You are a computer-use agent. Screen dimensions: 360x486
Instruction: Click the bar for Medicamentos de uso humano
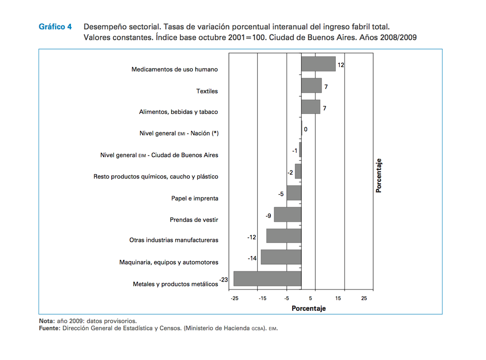click(x=318, y=64)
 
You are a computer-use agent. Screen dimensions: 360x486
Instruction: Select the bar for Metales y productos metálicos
click(x=267, y=279)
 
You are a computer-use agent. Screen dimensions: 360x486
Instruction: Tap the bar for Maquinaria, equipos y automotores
click(x=281, y=257)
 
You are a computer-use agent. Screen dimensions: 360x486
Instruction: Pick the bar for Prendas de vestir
click(x=288, y=215)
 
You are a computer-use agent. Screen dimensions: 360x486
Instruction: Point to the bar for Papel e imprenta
click(x=294, y=193)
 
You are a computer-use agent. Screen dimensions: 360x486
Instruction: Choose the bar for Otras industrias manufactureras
click(x=284, y=235)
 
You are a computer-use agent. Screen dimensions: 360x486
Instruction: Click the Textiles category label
click(x=207, y=91)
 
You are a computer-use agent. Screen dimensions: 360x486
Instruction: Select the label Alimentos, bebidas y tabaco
click(x=178, y=112)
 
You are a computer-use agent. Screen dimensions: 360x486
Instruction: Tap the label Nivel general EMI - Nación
click(x=179, y=133)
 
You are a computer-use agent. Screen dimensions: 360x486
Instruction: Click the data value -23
click(x=224, y=280)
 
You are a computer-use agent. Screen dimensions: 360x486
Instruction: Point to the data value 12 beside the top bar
click(x=341, y=65)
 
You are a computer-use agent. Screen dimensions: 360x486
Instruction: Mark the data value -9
click(x=268, y=216)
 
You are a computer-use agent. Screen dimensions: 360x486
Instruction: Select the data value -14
click(x=252, y=258)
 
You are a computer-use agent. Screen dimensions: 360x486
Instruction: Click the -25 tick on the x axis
click(x=235, y=298)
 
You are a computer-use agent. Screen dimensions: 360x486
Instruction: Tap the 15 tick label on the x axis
click(x=338, y=298)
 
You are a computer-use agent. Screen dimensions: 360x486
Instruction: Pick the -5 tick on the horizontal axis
click(x=287, y=298)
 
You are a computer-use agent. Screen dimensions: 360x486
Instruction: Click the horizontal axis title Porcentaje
click(x=309, y=308)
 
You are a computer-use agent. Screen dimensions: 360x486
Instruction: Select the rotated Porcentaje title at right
click(x=379, y=175)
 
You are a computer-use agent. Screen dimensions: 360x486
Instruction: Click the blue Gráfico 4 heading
click(x=55, y=26)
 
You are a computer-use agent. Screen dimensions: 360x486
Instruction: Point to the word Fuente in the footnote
click(x=50, y=328)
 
